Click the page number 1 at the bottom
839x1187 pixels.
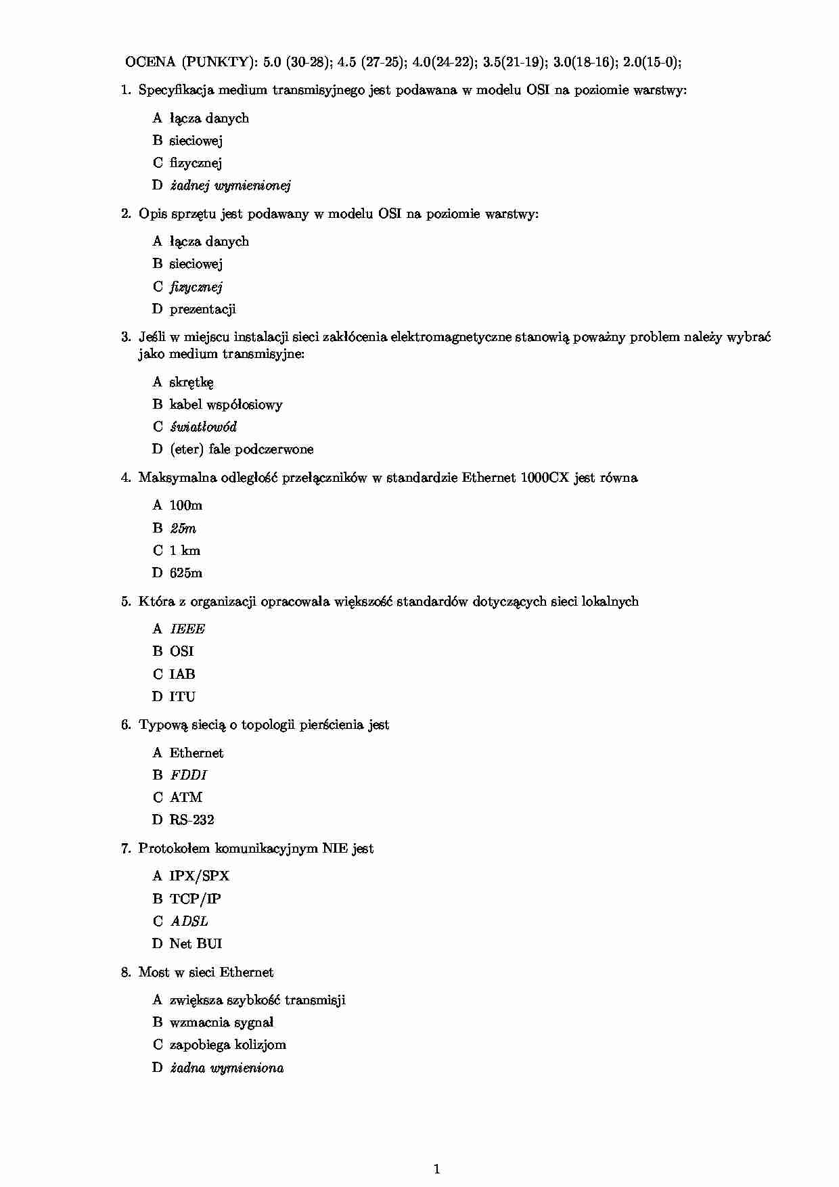[436, 1169]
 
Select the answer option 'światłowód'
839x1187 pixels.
[203, 427]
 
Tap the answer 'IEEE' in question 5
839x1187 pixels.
[187, 629]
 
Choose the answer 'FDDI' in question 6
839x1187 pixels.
[188, 775]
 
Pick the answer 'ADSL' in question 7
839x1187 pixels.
[189, 921]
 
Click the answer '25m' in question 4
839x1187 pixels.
[183, 529]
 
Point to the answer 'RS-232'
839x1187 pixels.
[191, 820]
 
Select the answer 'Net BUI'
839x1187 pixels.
[196, 943]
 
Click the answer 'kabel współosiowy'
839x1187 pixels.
[226, 405]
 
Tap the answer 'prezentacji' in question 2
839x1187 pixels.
[202, 309]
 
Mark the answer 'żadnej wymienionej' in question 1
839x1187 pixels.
[230, 185]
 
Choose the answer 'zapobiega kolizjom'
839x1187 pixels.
[227, 1045]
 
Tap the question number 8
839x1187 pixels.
[126, 972]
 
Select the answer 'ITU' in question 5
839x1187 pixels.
[182, 696]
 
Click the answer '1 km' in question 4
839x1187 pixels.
[185, 551]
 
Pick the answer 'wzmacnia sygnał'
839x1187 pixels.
[221, 1023]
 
